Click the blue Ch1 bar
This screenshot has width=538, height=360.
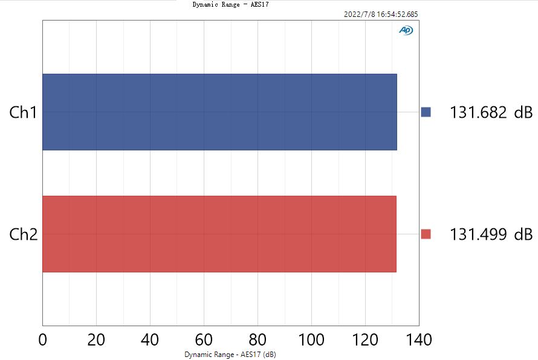coord(219,112)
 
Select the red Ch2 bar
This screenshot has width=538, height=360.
coord(219,234)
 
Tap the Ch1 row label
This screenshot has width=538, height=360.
coord(24,112)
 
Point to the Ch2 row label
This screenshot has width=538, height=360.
coord(24,234)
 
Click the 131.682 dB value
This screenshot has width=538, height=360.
coord(491,112)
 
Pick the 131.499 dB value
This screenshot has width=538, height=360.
coord(491,234)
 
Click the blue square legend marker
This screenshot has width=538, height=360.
coord(426,112)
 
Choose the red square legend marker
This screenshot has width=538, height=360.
coord(426,234)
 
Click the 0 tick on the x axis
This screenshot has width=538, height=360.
coord(42,339)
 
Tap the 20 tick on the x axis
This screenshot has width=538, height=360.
coord(96,339)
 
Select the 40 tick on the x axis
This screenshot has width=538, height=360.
coord(150,339)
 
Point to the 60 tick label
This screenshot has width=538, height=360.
coord(204,339)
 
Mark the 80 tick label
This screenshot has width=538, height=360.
coord(258,339)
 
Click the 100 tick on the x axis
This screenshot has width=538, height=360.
coord(311,339)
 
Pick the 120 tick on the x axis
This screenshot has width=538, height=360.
coord(365,339)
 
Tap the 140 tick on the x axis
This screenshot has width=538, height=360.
coord(418,339)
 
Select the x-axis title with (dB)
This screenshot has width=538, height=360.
coord(230,354)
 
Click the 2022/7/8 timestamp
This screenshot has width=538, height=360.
coord(380,14)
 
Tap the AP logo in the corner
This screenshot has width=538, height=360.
coord(406,30)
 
